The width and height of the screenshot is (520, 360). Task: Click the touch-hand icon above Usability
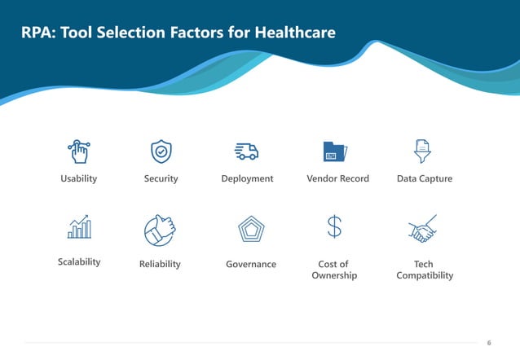79,151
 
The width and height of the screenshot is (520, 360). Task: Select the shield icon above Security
161,151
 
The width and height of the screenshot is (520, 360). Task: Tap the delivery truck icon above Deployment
247,151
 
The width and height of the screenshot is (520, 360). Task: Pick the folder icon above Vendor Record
335,151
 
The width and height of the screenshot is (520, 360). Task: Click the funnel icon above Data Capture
423,151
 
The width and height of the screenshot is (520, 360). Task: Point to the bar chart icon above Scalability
79,227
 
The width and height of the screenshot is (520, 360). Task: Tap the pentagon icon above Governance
250,230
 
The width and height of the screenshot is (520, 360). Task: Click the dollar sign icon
334,227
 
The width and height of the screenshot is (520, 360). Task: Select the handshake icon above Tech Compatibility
422,230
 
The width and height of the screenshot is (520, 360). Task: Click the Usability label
79,178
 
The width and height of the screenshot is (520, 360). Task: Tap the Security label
161,178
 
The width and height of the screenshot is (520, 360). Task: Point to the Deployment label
247,178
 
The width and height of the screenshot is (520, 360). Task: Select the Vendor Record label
337,178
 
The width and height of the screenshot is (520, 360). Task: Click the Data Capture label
424,178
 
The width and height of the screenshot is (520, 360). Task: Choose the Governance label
250,264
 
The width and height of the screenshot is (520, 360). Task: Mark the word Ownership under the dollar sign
334,275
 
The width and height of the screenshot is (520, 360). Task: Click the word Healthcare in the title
295,33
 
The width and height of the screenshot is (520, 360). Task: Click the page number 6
488,342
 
